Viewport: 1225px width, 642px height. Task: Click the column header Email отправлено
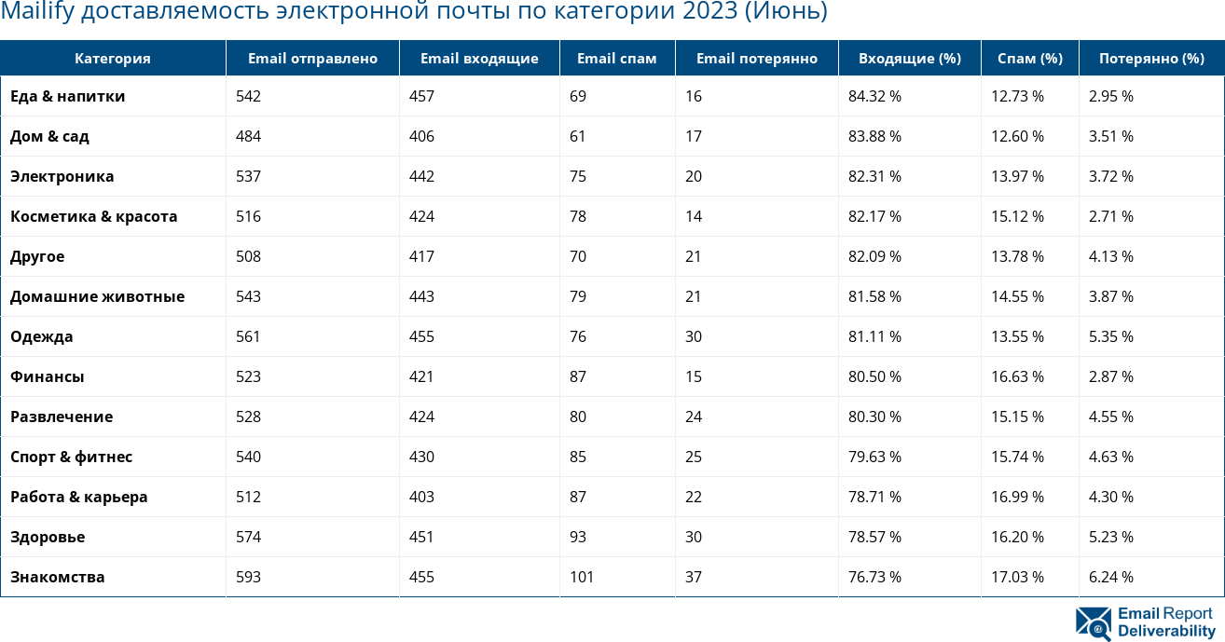point(312,58)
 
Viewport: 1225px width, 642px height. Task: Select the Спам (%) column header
point(1029,58)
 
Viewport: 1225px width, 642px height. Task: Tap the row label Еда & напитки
point(67,96)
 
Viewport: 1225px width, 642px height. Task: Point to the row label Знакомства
point(57,577)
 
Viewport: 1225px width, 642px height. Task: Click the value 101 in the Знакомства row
point(582,577)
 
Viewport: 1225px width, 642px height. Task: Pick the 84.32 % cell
point(874,96)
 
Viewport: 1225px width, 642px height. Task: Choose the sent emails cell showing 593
point(249,577)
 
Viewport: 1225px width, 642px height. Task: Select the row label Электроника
point(62,176)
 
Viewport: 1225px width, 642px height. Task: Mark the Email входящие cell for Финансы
point(421,376)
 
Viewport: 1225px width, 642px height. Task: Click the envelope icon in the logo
point(1093,623)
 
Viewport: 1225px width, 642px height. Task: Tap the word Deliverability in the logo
point(1166,631)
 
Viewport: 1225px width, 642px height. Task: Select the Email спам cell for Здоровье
point(578,537)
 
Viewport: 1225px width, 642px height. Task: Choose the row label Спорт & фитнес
point(71,457)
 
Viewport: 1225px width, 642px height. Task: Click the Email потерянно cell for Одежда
point(694,336)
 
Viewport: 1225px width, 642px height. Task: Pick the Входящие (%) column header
point(909,58)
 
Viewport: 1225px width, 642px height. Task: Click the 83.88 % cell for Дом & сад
point(874,136)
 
